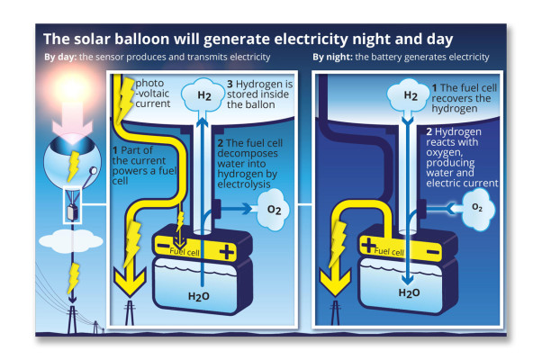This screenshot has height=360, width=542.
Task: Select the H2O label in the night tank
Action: coord(410,292)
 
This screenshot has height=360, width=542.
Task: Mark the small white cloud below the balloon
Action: coord(73,243)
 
